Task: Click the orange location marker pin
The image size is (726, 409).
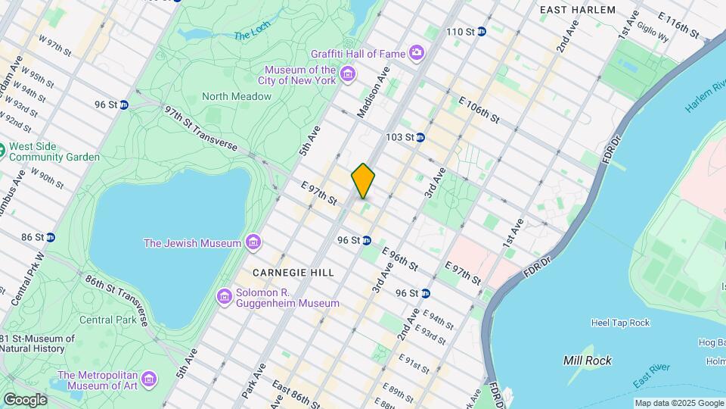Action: point(363,180)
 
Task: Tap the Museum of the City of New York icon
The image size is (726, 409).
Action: point(347,73)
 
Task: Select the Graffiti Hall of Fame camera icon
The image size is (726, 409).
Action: point(416,52)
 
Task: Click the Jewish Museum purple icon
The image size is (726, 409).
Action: point(253,242)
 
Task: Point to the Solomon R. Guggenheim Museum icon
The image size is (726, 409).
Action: point(224,296)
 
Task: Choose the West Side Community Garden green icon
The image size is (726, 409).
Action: point(3,150)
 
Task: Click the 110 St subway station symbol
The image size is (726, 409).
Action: point(481,31)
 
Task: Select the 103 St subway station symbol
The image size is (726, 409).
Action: point(420,137)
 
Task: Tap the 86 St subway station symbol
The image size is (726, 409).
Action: point(50,237)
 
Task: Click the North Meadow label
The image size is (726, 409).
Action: point(236,96)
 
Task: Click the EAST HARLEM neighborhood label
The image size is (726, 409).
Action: point(578,10)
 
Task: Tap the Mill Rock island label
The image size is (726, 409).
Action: point(588,361)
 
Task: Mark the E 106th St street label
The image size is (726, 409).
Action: point(479,111)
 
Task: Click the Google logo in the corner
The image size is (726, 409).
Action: point(24,400)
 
